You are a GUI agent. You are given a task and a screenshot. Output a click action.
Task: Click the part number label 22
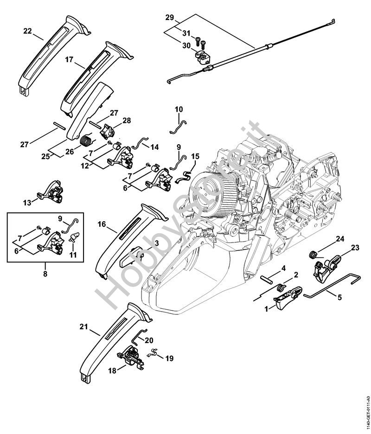click(x=27, y=31)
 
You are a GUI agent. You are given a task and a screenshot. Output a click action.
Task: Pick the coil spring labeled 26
click(x=86, y=139)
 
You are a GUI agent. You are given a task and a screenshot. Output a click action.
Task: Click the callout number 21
click(x=83, y=326)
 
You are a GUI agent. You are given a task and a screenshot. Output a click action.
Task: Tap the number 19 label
click(x=170, y=358)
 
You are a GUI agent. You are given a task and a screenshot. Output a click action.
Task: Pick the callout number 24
click(x=340, y=239)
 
